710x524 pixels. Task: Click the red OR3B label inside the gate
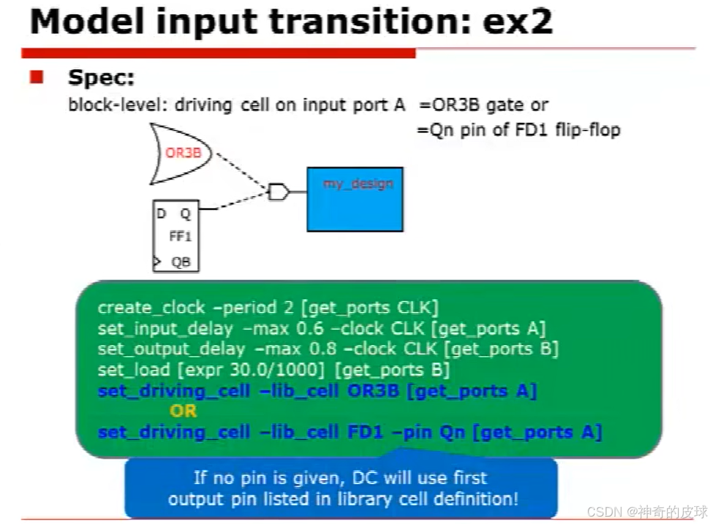click(183, 153)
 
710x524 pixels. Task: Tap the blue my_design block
click(355, 199)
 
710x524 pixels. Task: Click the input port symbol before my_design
click(278, 192)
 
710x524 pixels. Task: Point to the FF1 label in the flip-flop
click(180, 236)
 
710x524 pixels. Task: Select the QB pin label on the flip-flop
click(181, 262)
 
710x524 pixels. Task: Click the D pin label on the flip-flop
click(161, 213)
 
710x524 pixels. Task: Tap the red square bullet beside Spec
click(36, 77)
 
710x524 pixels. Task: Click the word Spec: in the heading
click(101, 77)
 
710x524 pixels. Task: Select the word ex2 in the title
click(518, 21)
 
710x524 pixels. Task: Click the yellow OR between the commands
click(183, 411)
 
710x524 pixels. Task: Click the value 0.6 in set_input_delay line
click(310, 328)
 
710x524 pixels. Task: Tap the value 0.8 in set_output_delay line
click(323, 349)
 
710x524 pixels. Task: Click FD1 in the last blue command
click(365, 431)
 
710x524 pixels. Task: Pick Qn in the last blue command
click(452, 432)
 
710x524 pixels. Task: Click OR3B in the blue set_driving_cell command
click(373, 390)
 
